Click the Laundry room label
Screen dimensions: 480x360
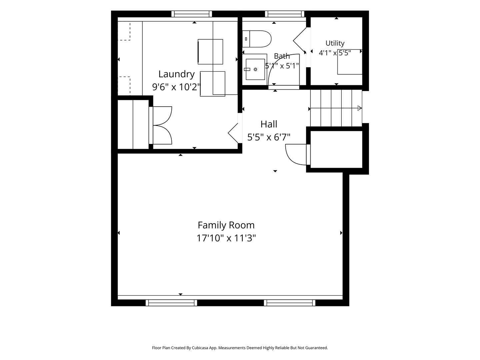click(176, 74)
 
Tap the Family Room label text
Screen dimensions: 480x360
click(226, 225)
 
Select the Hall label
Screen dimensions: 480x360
click(269, 124)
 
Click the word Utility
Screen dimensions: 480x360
click(335, 43)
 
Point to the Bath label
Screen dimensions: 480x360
click(282, 56)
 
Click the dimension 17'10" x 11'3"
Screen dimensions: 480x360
click(226, 238)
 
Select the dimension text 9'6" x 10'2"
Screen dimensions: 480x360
click(176, 87)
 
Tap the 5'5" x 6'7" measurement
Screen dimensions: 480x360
click(269, 137)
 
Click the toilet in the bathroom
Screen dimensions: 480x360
click(257, 39)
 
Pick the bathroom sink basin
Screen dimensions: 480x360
click(255, 69)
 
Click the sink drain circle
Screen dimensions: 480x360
click(255, 70)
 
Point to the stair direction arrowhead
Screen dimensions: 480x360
click(360, 108)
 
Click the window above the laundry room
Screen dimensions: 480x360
click(192, 14)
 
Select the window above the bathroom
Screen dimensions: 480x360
click(285, 14)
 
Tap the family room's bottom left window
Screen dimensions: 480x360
click(171, 303)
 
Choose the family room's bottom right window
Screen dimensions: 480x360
click(290, 303)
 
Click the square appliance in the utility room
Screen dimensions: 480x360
click(350, 62)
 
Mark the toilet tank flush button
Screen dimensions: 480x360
click(246, 39)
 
